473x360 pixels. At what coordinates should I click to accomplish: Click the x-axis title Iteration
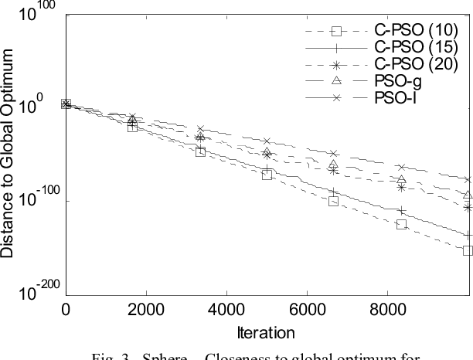click(267, 333)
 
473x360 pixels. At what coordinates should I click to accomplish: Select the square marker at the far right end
click(468, 250)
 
